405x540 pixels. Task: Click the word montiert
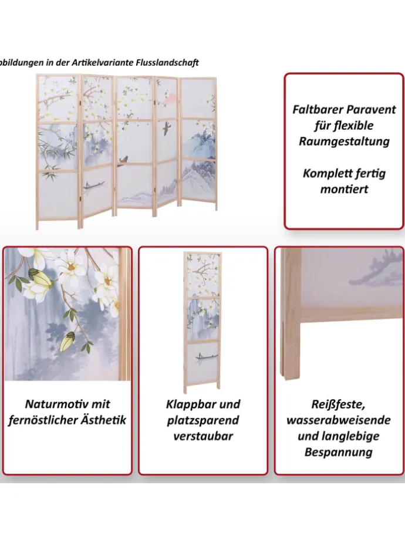point(344,189)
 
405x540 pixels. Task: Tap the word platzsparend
point(203,420)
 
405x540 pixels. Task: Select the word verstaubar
point(203,436)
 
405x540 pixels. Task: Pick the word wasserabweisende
point(339,420)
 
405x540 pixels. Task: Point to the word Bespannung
point(339,452)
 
